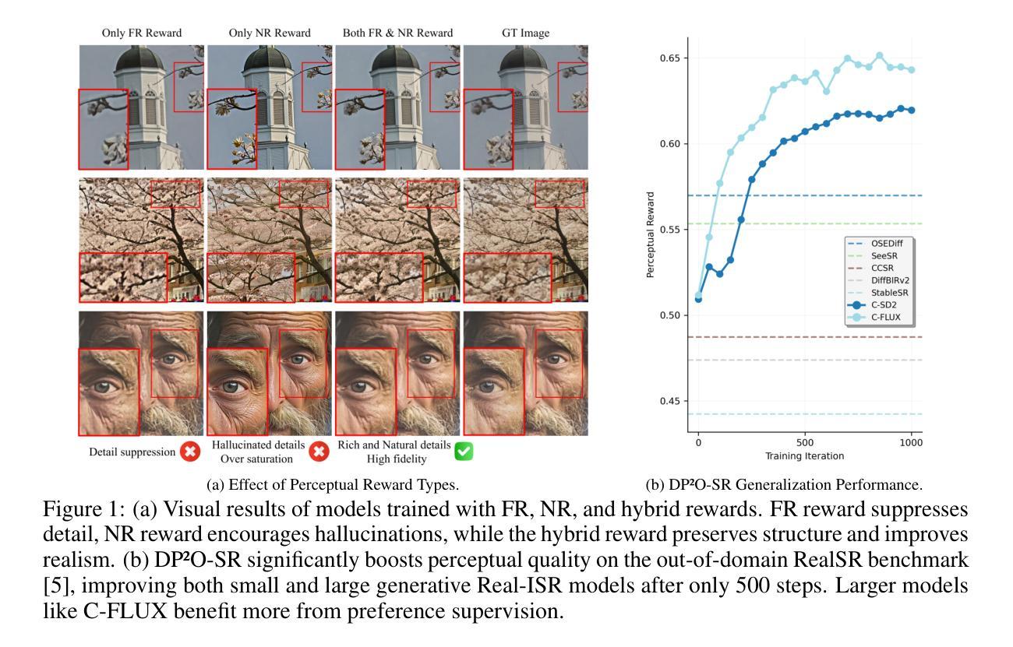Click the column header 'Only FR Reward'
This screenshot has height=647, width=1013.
[x=141, y=33]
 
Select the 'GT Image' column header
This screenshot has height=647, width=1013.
[x=526, y=33]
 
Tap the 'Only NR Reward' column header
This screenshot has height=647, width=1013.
[x=270, y=33]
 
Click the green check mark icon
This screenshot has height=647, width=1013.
[x=464, y=450]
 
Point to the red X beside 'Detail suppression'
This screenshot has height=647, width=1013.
[x=189, y=451]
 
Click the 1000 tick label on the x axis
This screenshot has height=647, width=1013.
[x=911, y=441]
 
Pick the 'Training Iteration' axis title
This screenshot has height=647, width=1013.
[x=804, y=454]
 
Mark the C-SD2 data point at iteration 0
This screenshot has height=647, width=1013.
[x=698, y=299]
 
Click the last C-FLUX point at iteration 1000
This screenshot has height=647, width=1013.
[x=911, y=69]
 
